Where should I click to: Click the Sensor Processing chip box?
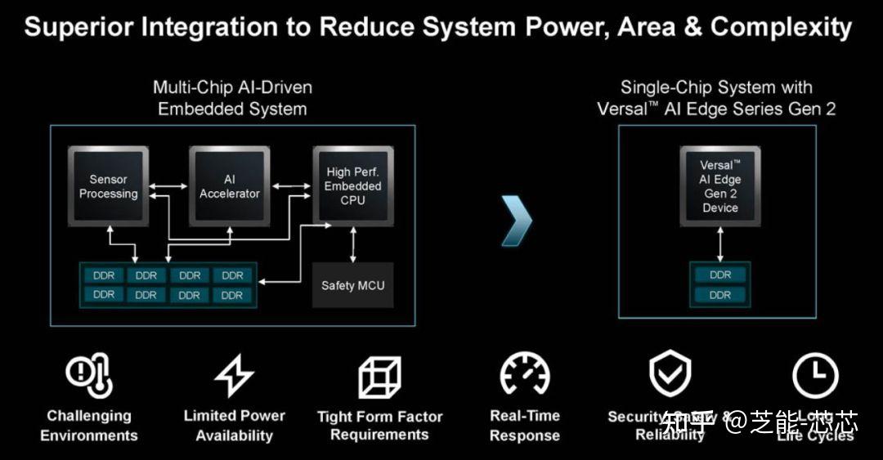[x=108, y=186]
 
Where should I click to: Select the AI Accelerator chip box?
[x=230, y=186]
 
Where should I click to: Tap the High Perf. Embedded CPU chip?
[x=353, y=186]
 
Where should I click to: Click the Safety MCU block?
[x=353, y=285]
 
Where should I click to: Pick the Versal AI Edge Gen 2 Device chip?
[x=720, y=186]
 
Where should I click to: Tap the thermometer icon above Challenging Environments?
[x=89, y=376]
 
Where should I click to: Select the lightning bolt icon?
[x=234, y=376]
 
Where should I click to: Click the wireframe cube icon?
[x=379, y=377]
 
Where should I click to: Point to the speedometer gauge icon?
[x=524, y=376]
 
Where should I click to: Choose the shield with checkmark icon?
[x=670, y=374]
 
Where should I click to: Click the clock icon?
[x=815, y=376]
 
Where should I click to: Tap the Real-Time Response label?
[x=524, y=426]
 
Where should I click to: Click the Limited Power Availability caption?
[x=234, y=426]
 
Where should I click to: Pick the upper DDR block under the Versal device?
[x=720, y=275]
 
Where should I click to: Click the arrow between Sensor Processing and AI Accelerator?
[x=168, y=187]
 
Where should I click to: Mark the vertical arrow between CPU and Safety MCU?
[x=353, y=244]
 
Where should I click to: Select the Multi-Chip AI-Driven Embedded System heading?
[x=232, y=98]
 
